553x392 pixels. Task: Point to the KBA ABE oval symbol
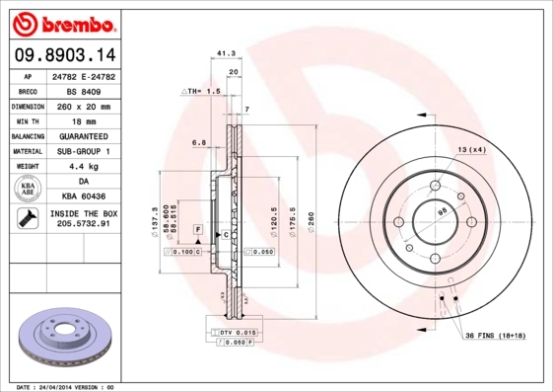coord(29,189)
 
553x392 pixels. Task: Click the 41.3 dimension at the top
coord(224,55)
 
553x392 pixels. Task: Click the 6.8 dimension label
coord(198,143)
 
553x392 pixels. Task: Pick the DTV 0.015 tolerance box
coord(238,332)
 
